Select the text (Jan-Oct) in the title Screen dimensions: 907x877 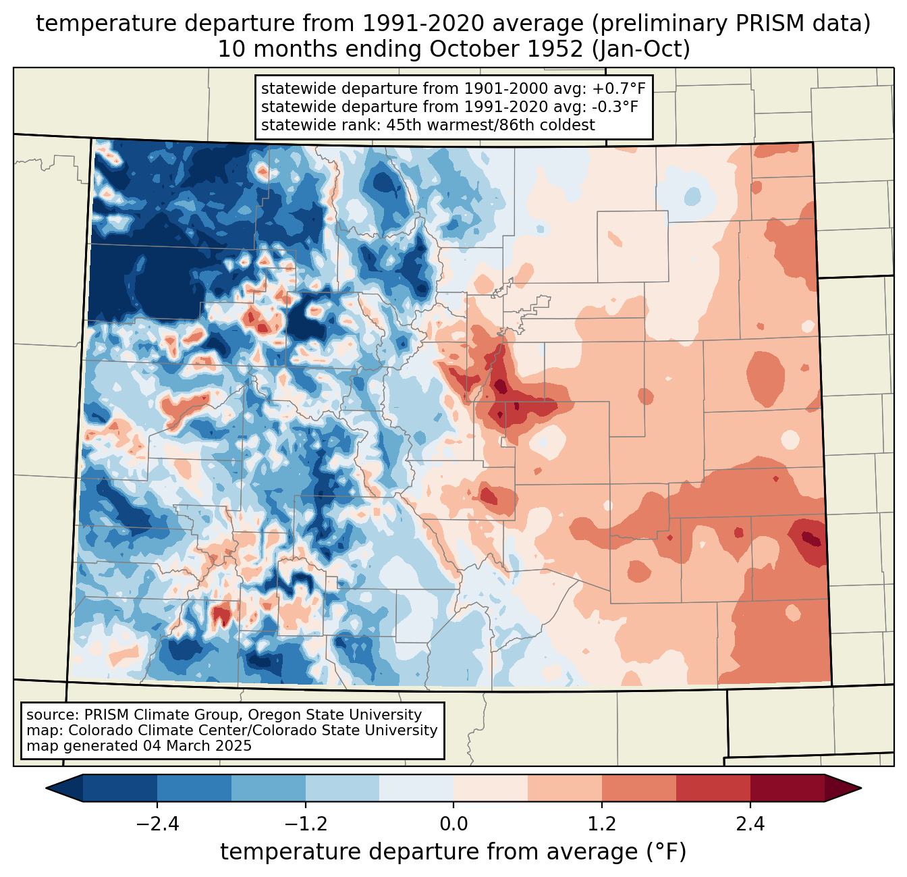coord(641,49)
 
